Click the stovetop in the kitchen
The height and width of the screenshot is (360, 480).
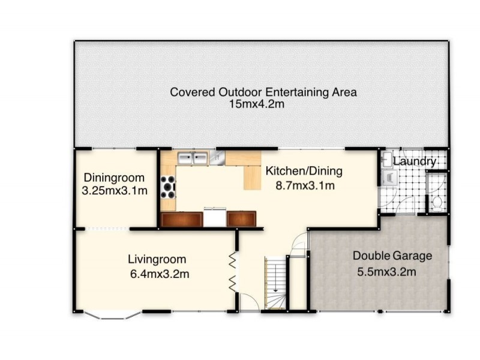(x=168, y=187)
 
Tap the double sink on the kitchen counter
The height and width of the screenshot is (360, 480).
(x=193, y=158)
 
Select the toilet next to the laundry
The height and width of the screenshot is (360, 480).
(x=437, y=203)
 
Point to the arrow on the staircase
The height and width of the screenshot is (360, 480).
(x=275, y=278)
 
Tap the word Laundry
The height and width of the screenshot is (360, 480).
(x=415, y=161)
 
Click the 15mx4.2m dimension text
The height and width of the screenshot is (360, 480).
(x=257, y=104)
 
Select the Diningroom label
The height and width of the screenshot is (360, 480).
(x=114, y=178)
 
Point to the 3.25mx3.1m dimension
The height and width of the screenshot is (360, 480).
(x=115, y=191)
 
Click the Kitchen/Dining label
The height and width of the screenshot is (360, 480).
(x=304, y=171)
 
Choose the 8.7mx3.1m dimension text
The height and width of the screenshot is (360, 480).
(x=305, y=185)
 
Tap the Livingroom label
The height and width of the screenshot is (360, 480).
(x=157, y=260)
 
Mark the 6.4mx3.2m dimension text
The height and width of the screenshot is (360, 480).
(x=160, y=274)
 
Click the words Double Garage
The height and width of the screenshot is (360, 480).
(x=392, y=256)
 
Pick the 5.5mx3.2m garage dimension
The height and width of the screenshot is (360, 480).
(x=386, y=272)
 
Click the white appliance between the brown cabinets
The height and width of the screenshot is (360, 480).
(x=215, y=217)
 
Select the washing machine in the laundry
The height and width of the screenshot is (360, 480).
(x=389, y=178)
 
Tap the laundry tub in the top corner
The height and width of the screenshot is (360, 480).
(x=387, y=159)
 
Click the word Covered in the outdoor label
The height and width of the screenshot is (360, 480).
(x=193, y=92)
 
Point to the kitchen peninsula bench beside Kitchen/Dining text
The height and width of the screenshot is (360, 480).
(x=252, y=178)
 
